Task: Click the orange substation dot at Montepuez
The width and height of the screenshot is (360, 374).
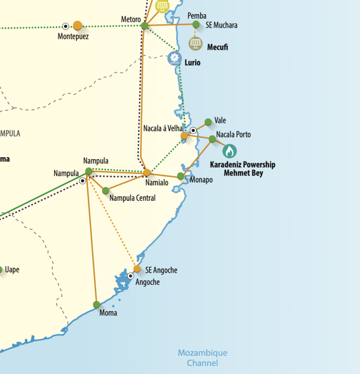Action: tap(77, 25)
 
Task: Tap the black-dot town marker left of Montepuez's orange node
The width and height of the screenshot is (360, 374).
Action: tap(66, 26)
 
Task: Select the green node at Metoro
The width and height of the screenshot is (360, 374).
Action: tap(145, 25)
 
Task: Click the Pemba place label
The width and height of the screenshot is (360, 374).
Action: tap(196, 16)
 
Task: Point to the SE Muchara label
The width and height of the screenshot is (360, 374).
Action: tap(221, 25)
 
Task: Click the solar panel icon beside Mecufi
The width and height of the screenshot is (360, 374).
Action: tap(195, 44)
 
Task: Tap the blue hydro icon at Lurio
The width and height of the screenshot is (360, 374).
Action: tap(174, 59)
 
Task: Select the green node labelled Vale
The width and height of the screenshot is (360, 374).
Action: tap(208, 122)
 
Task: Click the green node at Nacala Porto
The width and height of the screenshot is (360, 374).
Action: tap(212, 138)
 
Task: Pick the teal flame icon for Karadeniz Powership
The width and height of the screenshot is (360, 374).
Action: tap(229, 151)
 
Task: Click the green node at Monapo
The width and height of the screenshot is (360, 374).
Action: tap(180, 176)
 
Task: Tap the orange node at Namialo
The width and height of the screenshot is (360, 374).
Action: tap(147, 172)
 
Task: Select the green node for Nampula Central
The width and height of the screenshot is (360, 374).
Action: tap(105, 191)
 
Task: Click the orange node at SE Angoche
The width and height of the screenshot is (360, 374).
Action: tap(137, 269)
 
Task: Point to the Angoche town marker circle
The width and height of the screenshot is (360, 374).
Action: tap(131, 276)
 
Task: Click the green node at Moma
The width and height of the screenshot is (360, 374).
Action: tap(97, 305)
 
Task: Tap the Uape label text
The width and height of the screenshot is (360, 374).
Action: tap(12, 270)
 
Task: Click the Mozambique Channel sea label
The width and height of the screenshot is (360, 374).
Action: tap(202, 358)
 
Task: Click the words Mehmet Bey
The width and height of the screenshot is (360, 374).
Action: tap(243, 173)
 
